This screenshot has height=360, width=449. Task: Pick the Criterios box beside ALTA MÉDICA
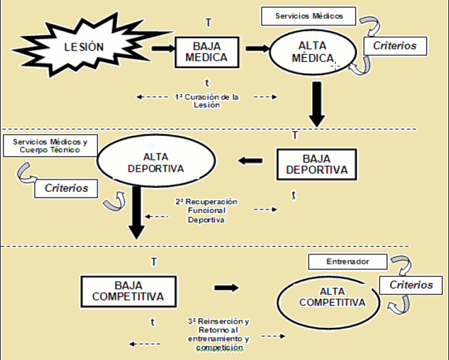tap(394, 46)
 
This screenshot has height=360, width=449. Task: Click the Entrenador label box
tap(347, 262)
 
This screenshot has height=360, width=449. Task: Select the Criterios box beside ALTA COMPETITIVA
tap(411, 284)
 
